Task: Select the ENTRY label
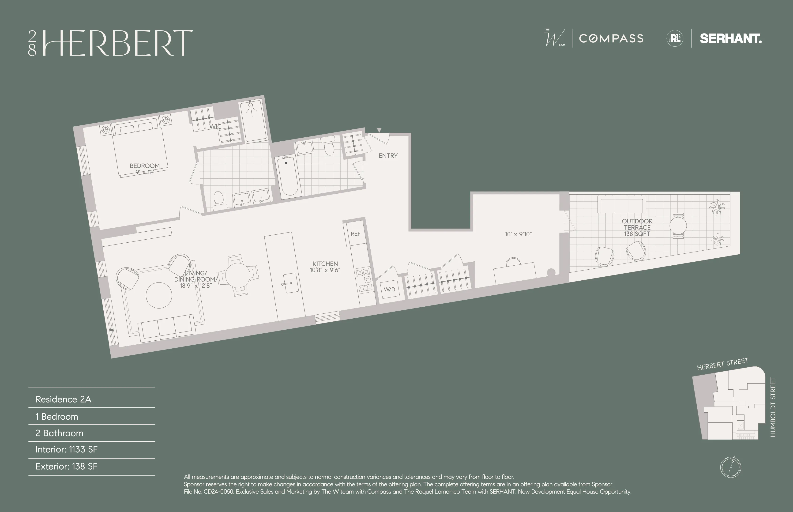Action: (x=388, y=156)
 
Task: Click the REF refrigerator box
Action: (x=355, y=234)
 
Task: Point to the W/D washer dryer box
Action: (x=390, y=289)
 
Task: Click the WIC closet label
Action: (x=215, y=126)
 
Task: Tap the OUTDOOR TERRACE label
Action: (x=637, y=224)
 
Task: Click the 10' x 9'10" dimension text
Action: (x=518, y=234)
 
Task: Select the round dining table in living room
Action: (x=238, y=275)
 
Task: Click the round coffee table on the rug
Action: (x=159, y=295)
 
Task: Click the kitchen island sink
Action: (x=290, y=283)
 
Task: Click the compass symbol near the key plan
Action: (x=730, y=467)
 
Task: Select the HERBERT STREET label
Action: (x=722, y=364)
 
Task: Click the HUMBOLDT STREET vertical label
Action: (x=773, y=407)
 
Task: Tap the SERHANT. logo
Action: (x=730, y=39)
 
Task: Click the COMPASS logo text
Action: (x=611, y=39)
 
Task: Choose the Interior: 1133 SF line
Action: (x=67, y=449)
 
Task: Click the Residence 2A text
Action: (x=63, y=399)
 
